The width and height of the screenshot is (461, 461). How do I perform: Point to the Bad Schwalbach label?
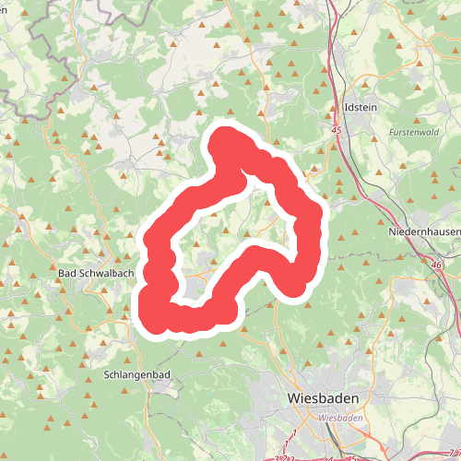point(96,274)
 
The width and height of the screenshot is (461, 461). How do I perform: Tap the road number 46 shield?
point(434,265)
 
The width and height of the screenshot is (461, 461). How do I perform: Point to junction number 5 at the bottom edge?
point(353,456)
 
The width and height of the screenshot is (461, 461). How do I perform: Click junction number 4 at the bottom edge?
point(329,456)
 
